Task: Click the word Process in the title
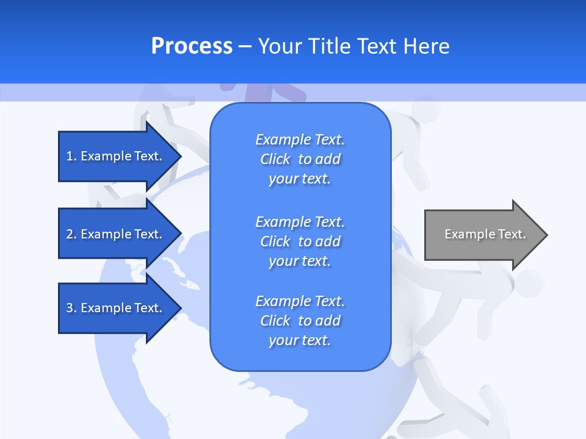192,46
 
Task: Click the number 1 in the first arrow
70,156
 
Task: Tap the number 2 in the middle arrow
70,234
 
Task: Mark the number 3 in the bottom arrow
70,308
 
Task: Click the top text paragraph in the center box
300,159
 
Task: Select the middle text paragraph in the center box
300,241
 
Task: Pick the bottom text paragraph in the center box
300,321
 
